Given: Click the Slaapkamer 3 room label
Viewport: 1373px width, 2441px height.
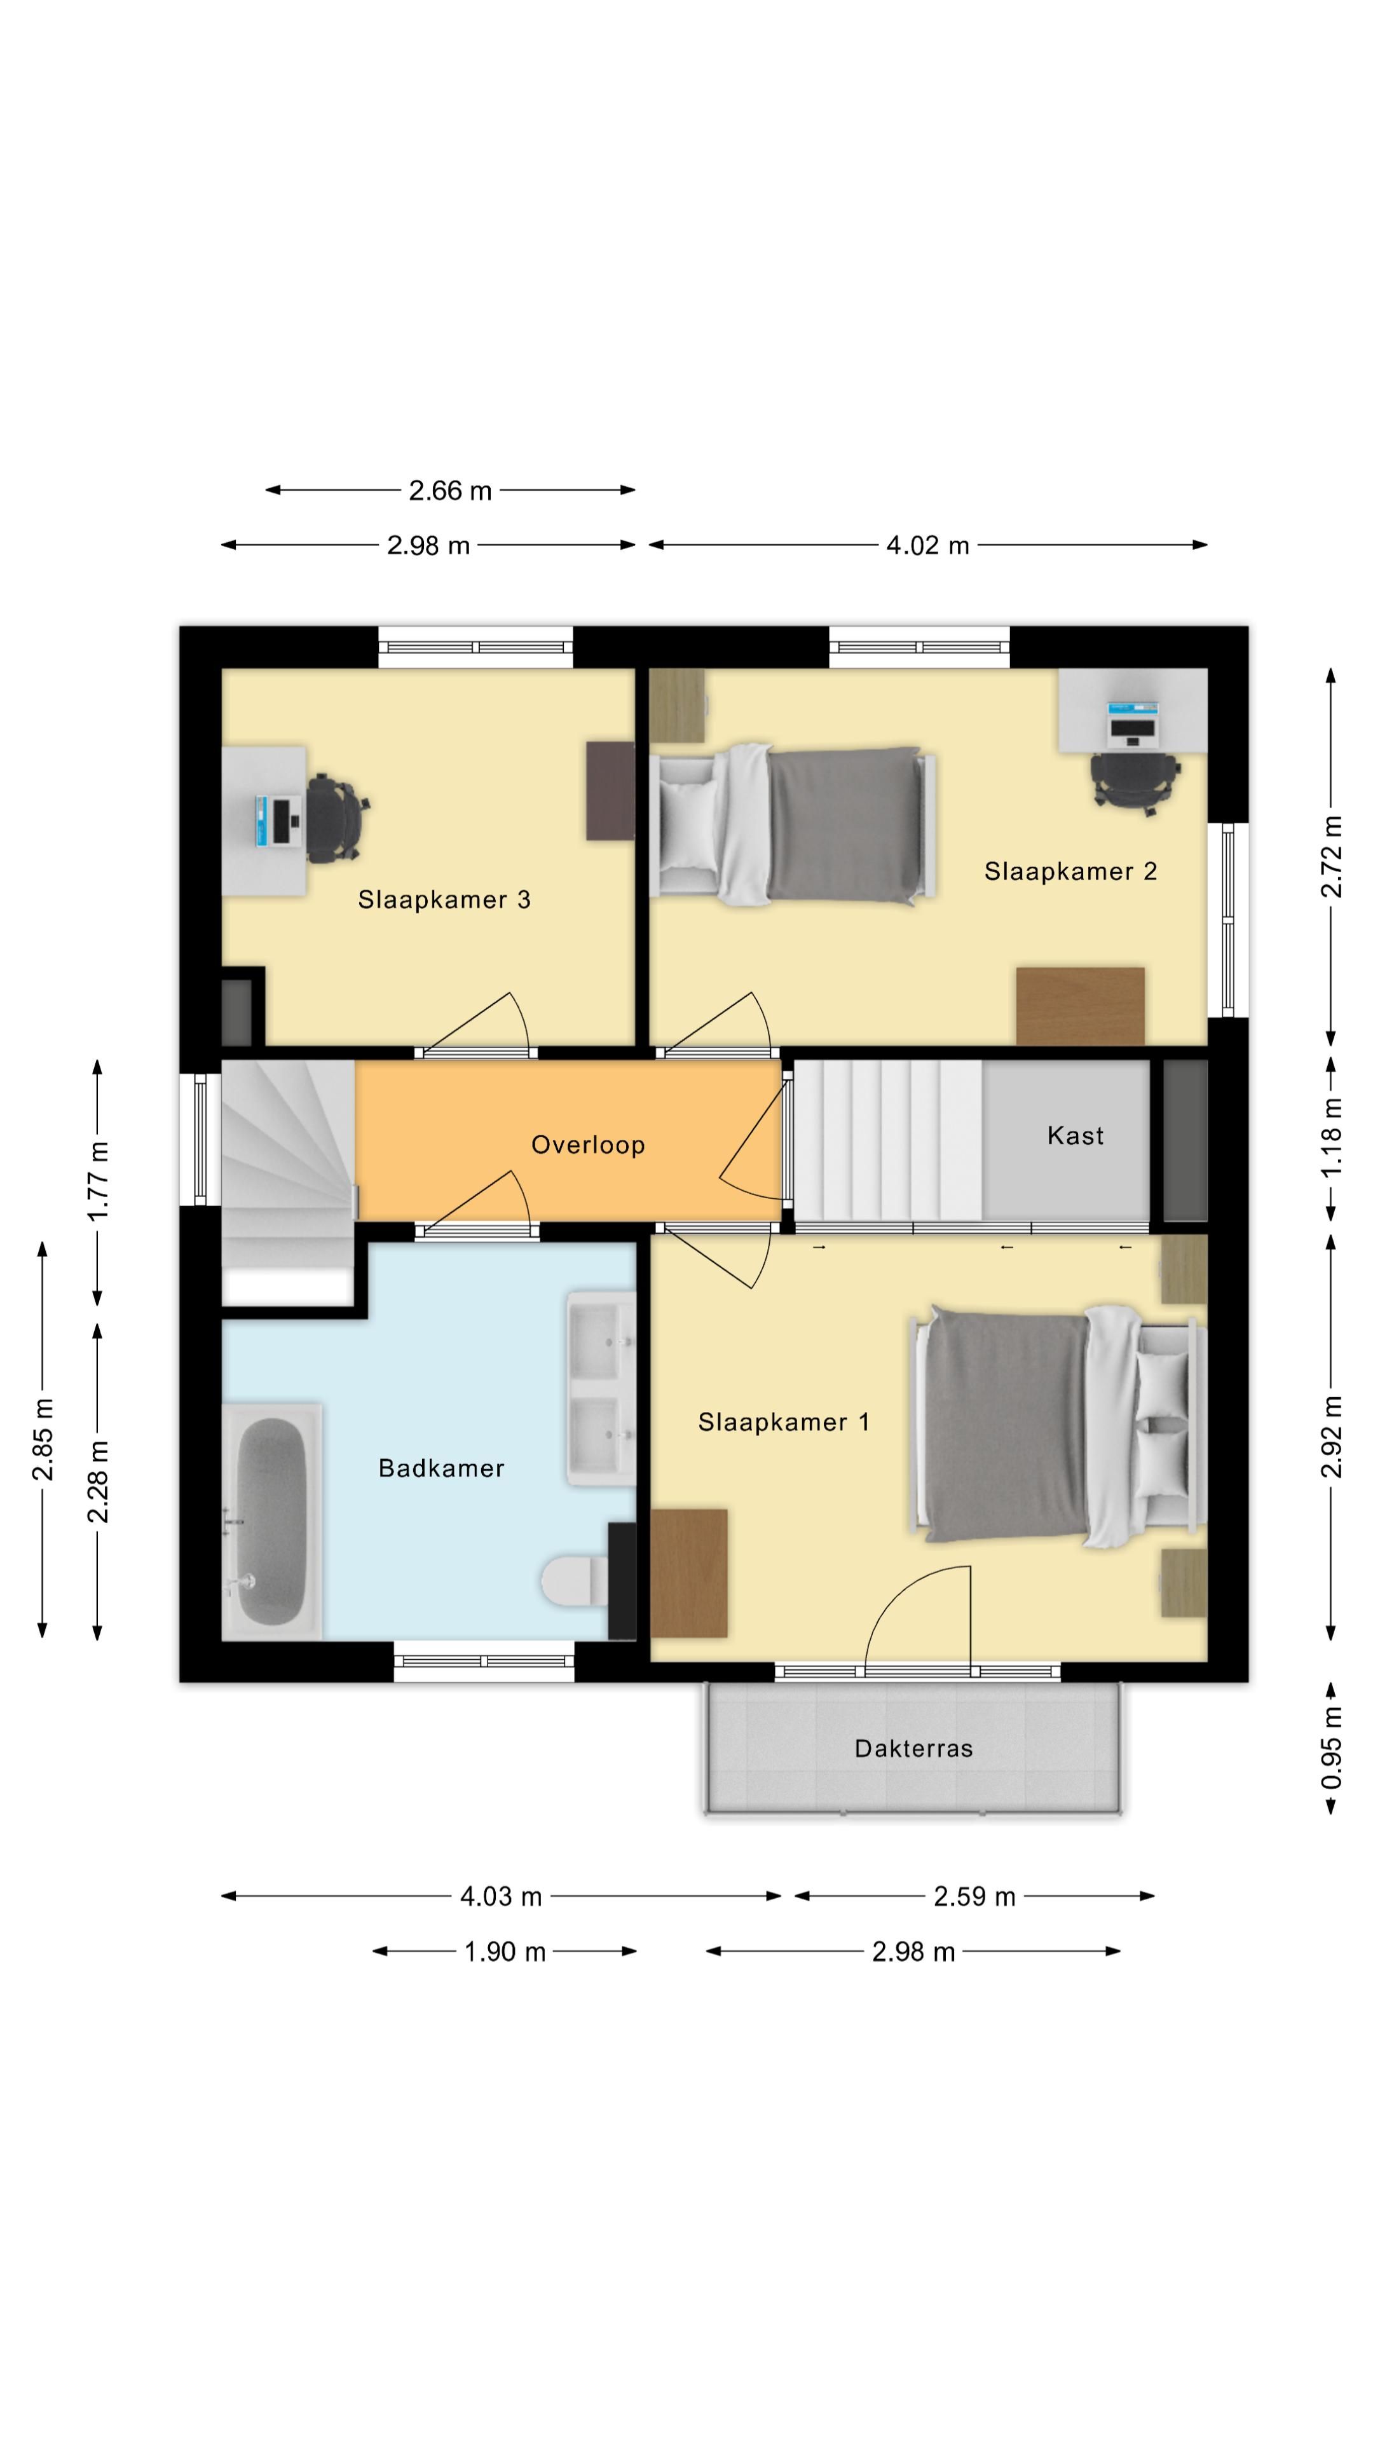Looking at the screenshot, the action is (444, 899).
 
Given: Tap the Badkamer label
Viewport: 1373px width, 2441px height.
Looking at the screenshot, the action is (441, 1468).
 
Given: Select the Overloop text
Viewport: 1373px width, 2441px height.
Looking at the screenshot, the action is (587, 1145).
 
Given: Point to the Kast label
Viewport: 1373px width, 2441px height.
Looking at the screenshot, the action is (1074, 1135).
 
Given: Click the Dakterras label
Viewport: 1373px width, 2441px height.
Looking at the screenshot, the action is (913, 1748).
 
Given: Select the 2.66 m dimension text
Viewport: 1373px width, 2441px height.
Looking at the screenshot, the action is (450, 491).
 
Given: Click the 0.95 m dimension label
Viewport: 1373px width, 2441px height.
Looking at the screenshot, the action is (1331, 1747).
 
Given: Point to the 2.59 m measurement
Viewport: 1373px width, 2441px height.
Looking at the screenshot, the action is (974, 1896).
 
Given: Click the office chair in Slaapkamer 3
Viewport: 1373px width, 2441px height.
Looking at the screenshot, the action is (336, 817).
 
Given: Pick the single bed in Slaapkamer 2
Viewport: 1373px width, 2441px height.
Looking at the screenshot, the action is (794, 823).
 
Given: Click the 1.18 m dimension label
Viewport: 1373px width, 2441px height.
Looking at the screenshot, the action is (1331, 1137).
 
